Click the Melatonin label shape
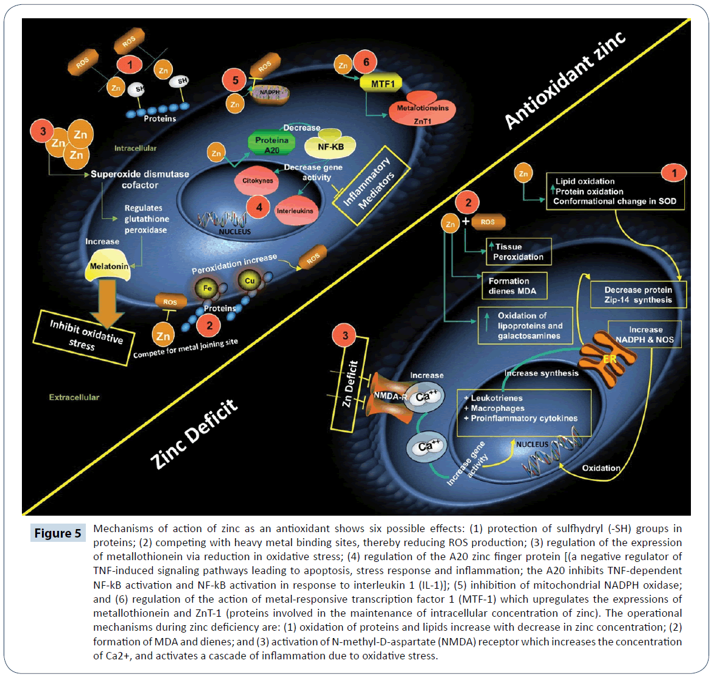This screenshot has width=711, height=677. pos(110,267)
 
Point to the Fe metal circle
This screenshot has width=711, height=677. pos(208,288)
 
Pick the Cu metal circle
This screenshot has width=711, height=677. pos(249,281)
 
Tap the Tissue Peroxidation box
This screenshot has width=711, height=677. pos(518,251)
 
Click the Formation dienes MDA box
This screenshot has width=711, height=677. pos(513,286)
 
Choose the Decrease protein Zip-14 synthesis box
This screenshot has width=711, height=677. pos(638,295)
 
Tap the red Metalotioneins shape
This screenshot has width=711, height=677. pos(422,108)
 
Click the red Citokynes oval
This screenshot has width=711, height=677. pos(257,181)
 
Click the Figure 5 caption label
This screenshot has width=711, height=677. pos(58,533)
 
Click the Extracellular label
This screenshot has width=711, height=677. pos(74,397)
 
